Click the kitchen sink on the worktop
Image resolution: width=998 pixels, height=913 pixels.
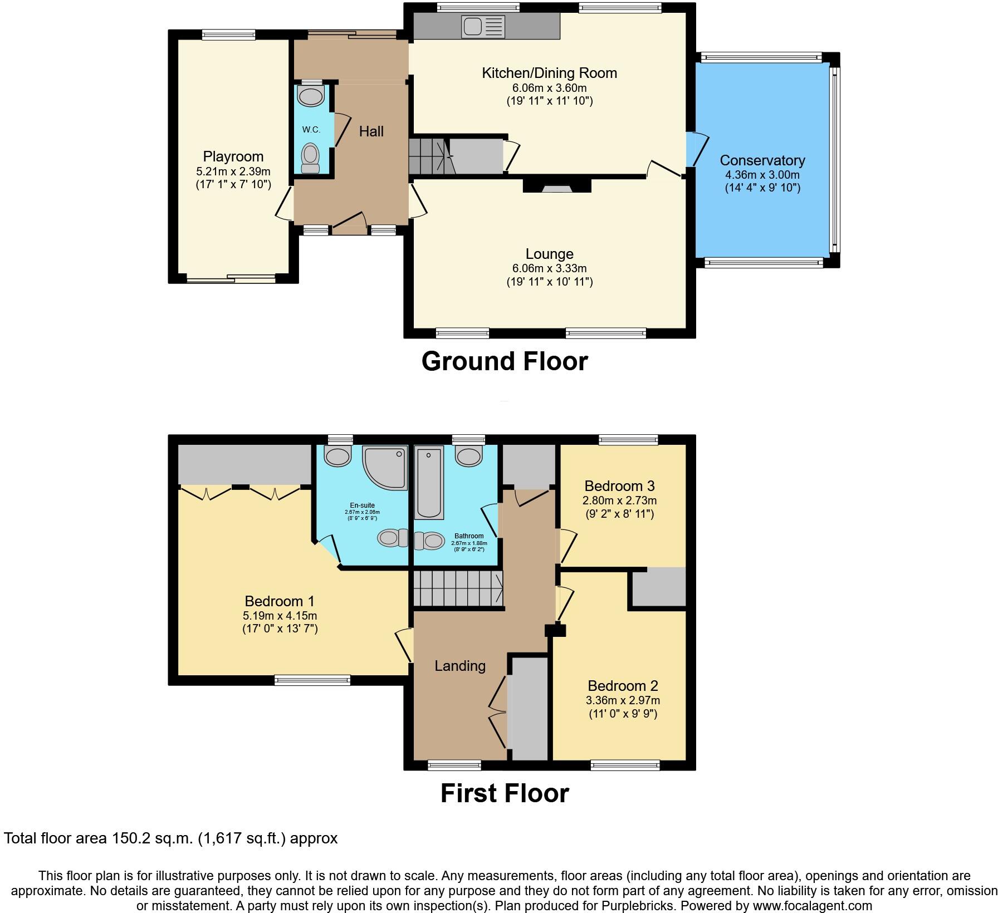[x=482, y=26]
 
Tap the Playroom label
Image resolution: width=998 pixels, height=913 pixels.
[x=233, y=156]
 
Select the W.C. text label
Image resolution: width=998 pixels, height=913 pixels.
[x=311, y=130]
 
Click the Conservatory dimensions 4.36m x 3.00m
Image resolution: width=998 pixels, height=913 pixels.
[x=762, y=175]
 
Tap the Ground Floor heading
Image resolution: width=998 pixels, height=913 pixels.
[x=505, y=361]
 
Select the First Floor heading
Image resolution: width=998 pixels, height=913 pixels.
[x=505, y=793]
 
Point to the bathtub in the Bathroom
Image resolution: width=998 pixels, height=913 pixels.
[x=429, y=483]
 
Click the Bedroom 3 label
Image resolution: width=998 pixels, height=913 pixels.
[x=619, y=486]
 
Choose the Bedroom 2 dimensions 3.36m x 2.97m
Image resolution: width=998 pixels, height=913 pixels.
[x=623, y=700]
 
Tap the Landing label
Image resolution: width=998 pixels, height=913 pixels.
[x=460, y=666]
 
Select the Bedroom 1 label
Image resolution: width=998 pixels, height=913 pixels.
[x=280, y=601]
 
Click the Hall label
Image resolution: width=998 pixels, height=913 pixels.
[x=371, y=131]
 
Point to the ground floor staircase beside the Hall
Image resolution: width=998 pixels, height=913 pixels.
[x=429, y=156]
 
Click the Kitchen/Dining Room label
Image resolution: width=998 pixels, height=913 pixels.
[x=549, y=73]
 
